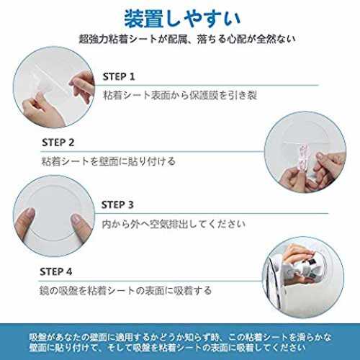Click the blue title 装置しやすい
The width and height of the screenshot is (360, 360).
click(x=182, y=19)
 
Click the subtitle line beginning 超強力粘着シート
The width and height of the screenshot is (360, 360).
click(x=187, y=40)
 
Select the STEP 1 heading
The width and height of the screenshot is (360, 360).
click(x=119, y=77)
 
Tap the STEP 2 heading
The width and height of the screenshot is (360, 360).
click(x=58, y=143)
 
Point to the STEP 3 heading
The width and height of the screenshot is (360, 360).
click(x=117, y=205)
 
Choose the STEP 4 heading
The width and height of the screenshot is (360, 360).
click(x=56, y=271)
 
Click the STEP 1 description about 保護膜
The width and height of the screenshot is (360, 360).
click(x=180, y=95)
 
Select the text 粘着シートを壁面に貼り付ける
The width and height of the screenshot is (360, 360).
click(x=109, y=161)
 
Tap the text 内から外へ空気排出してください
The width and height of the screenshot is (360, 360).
click(x=174, y=224)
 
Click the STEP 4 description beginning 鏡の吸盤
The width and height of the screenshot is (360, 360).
click(x=125, y=291)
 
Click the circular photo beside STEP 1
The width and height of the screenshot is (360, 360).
click(x=54, y=87)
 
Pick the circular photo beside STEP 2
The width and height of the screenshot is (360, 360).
click(x=305, y=152)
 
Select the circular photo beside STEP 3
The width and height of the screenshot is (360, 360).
click(x=54, y=216)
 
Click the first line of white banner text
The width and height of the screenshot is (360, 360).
click(x=180, y=338)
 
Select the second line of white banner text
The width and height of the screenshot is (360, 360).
click(x=167, y=348)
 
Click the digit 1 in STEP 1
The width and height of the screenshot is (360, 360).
click(x=132, y=77)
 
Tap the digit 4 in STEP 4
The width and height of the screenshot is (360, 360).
click(x=69, y=271)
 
